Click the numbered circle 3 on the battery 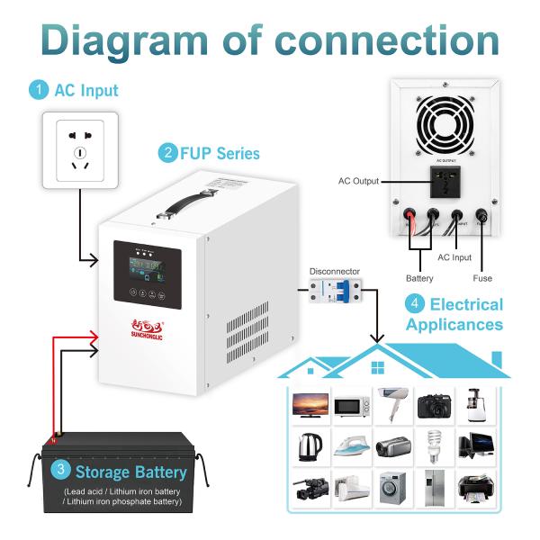click(59, 470)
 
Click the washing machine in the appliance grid click(392, 486)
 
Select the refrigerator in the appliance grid click(434, 486)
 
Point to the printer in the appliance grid click(475, 487)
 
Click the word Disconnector click(334, 270)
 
